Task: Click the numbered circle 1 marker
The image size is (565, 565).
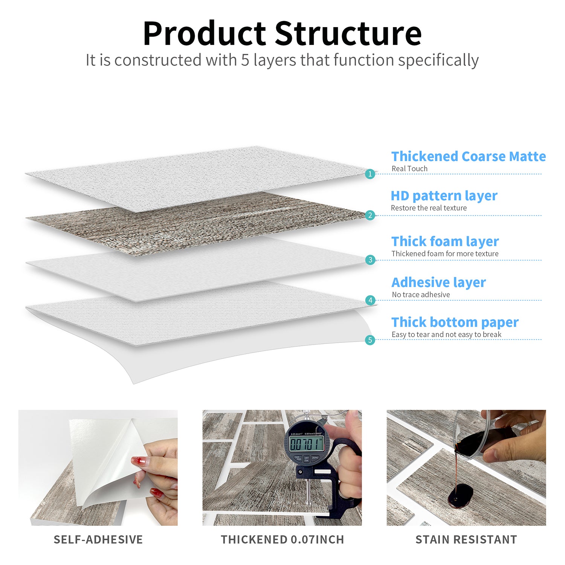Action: click(x=370, y=174)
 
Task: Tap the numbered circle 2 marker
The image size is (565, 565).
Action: click(x=370, y=215)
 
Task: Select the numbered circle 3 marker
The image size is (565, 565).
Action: click(x=370, y=260)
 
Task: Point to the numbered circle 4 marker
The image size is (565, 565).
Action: click(x=370, y=300)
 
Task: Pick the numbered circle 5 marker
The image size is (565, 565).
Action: click(x=370, y=340)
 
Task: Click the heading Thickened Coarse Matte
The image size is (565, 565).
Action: click(x=469, y=156)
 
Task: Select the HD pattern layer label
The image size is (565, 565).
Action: click(x=444, y=196)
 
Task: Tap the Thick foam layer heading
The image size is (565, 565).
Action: click(x=445, y=241)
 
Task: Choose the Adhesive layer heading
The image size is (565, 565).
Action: click(x=438, y=282)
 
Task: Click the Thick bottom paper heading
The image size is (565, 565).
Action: click(x=455, y=322)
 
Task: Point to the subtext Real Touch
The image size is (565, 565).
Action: click(x=409, y=169)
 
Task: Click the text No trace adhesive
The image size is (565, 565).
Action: click(x=421, y=295)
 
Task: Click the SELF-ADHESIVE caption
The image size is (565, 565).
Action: click(x=98, y=539)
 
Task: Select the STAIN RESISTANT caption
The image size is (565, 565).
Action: click(x=466, y=539)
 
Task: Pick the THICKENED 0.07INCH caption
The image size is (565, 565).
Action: click(x=282, y=539)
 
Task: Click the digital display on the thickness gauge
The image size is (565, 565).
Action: click(x=306, y=444)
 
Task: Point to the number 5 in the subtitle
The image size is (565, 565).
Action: click(x=245, y=60)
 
